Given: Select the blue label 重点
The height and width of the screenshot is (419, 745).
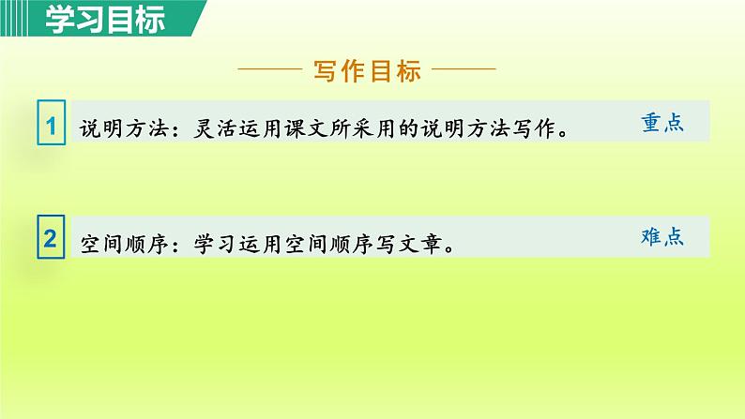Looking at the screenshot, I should point(661,123).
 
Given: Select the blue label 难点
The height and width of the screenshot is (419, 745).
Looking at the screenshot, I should point(661,236).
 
